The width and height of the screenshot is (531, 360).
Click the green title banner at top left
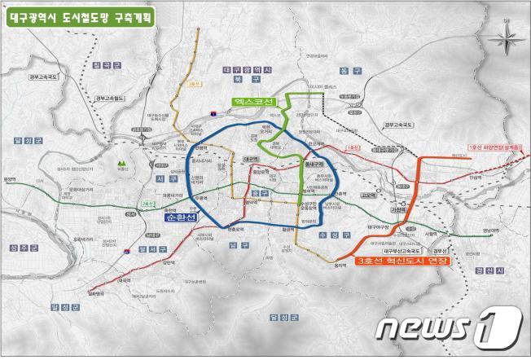pyautogui.click(x=92, y=15)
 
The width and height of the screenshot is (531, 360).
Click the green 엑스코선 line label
pyautogui.click(x=253, y=103)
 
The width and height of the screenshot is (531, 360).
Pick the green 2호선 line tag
pyautogui.click(x=147, y=204)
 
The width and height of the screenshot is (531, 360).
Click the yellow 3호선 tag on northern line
pyautogui.click(x=193, y=83)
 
